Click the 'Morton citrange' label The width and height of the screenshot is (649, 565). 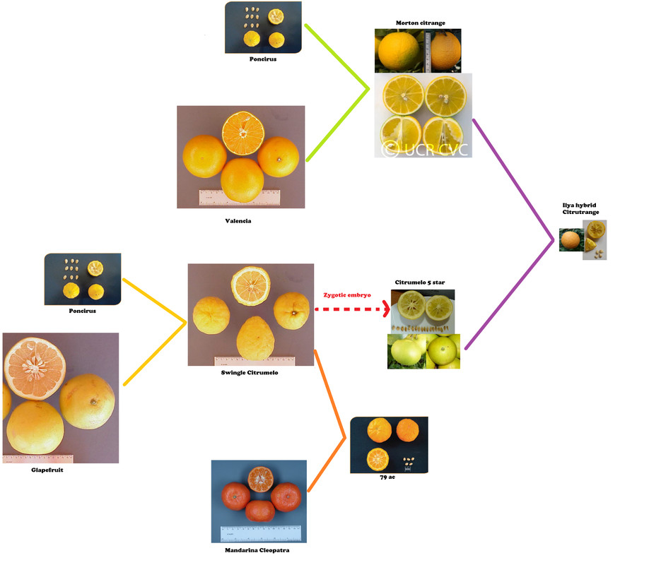pos(420,23)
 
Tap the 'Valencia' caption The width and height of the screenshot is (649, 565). pos(238,221)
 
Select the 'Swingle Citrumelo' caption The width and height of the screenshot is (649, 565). pos(249,373)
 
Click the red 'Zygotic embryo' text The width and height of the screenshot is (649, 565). pos(347,295)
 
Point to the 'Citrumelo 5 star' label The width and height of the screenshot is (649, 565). pos(420,282)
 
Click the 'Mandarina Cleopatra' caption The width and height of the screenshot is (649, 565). pos(257,550)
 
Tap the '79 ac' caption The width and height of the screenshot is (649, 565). pos(387,477)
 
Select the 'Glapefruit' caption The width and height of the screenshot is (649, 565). pos(47,470)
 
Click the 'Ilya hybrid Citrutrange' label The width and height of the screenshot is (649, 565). pos(580,208)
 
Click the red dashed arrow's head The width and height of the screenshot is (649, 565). pos(387,309)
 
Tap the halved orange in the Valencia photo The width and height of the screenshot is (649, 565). pos(243,133)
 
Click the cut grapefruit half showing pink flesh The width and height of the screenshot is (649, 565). pos(35,369)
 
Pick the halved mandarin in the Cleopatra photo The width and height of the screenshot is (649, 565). pos(260,480)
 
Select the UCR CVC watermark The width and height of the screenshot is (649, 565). pos(424,149)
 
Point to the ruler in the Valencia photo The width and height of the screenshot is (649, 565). pos(240,197)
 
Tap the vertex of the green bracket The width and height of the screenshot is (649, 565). pos(368,89)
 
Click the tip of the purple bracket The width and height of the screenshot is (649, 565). pos(553,239)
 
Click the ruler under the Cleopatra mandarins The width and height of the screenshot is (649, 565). pos(261,533)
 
